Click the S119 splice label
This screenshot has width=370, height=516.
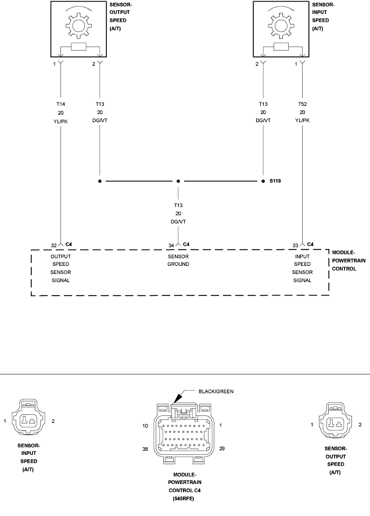[275, 182]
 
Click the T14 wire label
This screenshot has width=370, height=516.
[60, 104]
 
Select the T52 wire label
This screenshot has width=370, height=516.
[302, 104]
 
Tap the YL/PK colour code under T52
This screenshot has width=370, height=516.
[302, 120]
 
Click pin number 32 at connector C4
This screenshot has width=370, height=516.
[53, 244]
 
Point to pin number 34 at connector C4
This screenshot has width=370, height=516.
[171, 244]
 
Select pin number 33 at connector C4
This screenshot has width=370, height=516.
[295, 244]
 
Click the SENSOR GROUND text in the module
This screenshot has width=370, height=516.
[178, 260]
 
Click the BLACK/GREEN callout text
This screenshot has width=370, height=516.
[215, 392]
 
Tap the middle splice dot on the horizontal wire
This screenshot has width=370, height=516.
[178, 182]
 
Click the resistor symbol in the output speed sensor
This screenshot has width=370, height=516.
[77, 48]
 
